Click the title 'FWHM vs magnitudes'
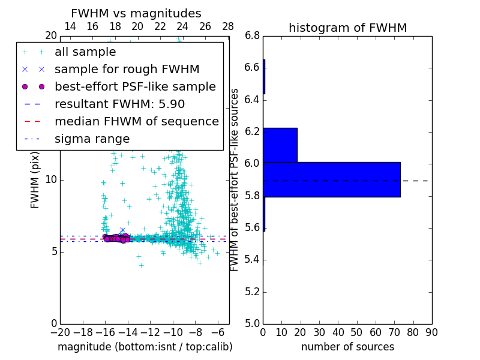point(136,13)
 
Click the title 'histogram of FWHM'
point(347,28)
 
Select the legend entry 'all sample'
point(85,52)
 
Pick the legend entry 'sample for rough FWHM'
point(127,69)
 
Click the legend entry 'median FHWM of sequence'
point(136,121)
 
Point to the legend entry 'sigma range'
point(92,139)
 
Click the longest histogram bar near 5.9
point(331,179)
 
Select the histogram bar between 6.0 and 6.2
point(280,145)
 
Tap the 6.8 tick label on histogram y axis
point(253,35)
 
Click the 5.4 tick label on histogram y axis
point(253,260)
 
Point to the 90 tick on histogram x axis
point(431,332)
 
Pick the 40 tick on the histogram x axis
point(338,332)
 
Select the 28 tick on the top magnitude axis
point(228,26)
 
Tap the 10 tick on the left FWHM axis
point(50,179)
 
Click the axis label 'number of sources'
point(347,347)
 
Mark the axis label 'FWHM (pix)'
point(35,179)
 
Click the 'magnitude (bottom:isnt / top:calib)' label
point(145,347)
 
